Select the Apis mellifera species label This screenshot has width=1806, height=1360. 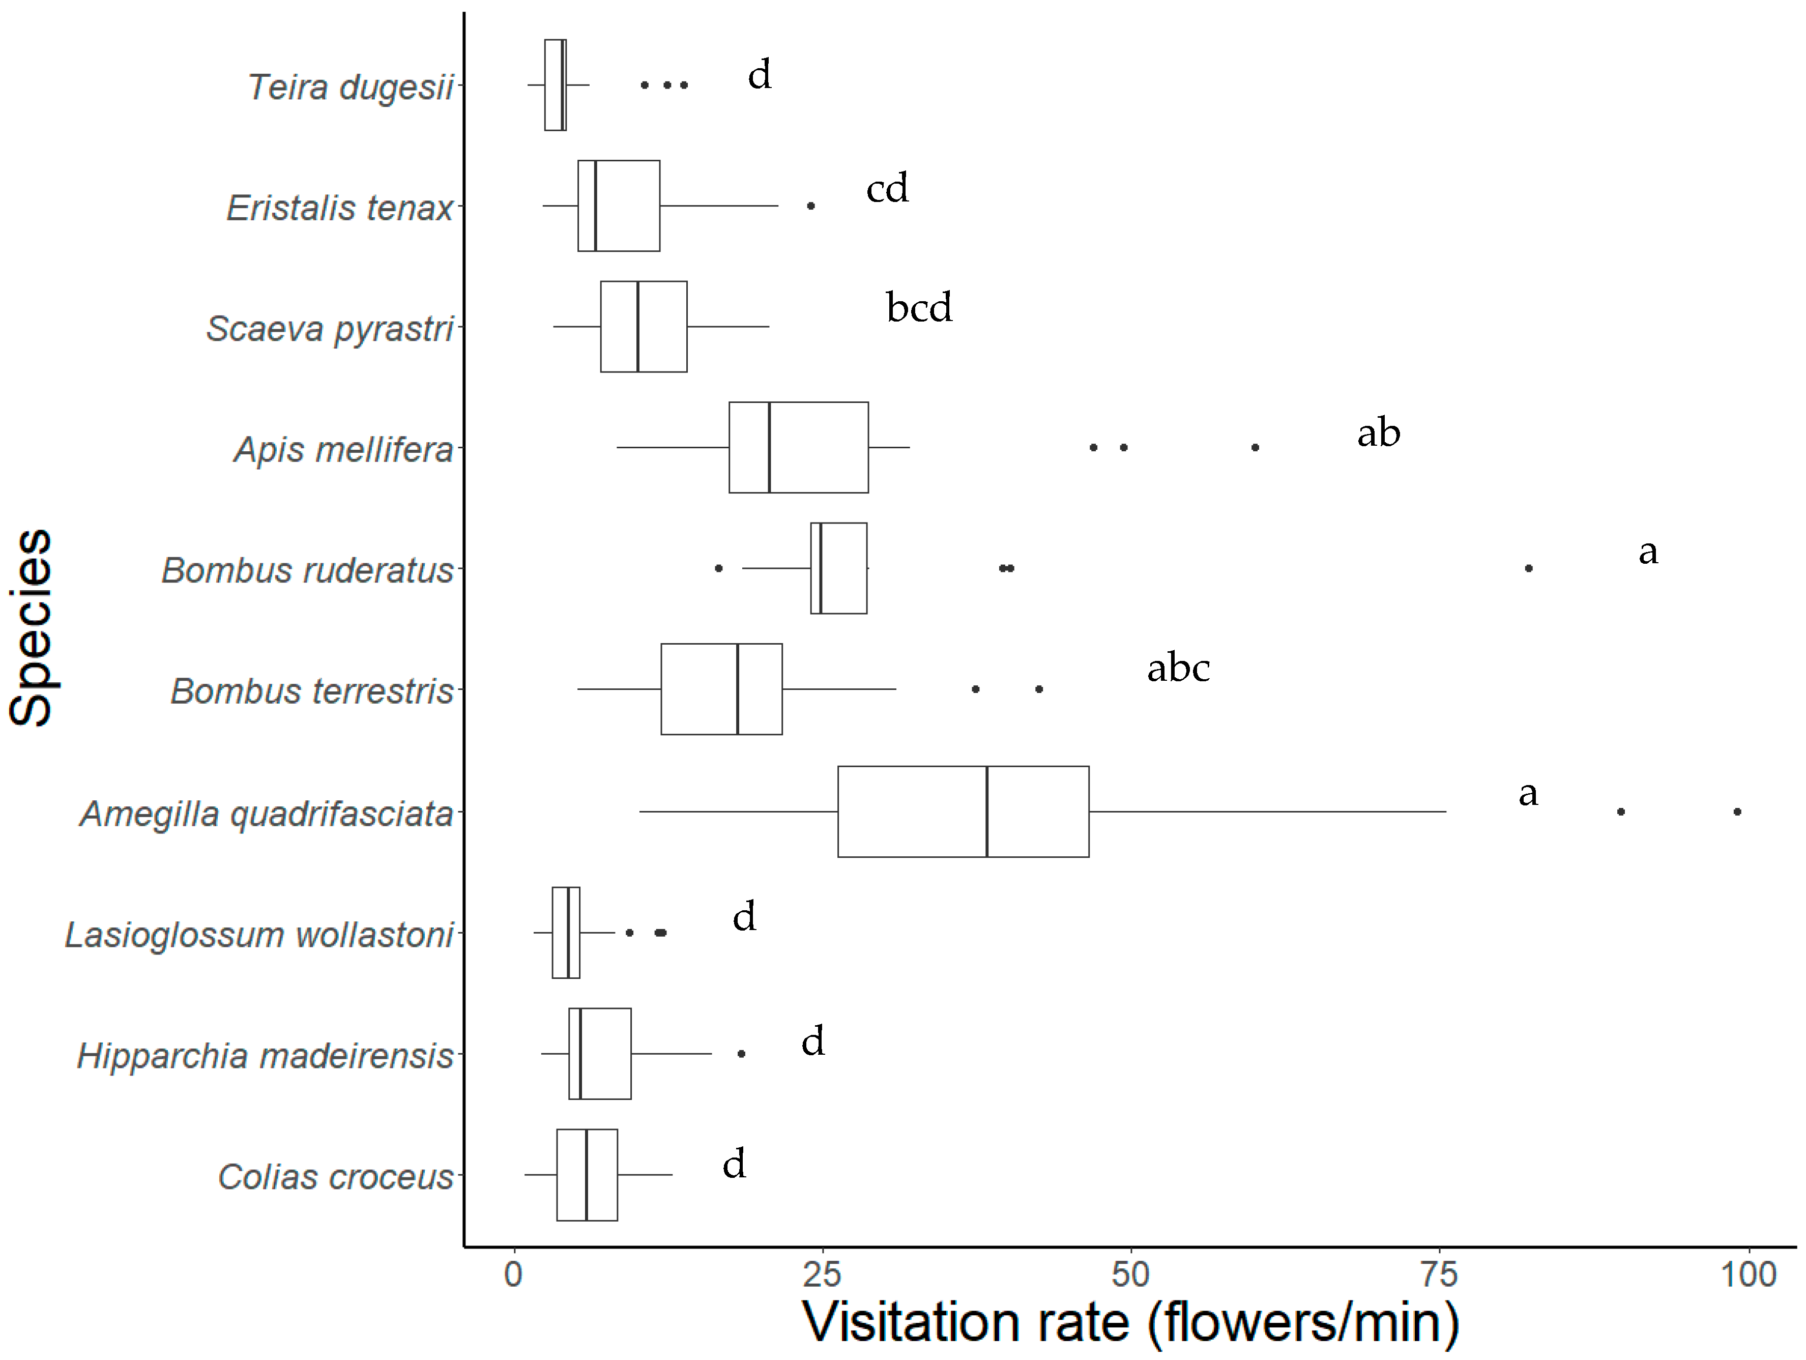(x=344, y=450)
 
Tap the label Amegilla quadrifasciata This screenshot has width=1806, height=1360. (x=266, y=814)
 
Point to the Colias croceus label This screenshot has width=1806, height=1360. (x=336, y=1177)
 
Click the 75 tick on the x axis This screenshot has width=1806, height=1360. (x=1439, y=1275)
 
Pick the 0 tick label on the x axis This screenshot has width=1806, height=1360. (x=513, y=1275)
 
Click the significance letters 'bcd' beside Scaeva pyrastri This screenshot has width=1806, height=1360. (x=919, y=308)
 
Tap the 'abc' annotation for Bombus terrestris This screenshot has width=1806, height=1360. (x=1178, y=669)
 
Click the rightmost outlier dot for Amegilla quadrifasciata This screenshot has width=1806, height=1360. (x=1737, y=812)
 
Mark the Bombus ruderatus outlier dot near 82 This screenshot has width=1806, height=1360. (x=1528, y=568)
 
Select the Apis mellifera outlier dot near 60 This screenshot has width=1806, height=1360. (x=1255, y=447)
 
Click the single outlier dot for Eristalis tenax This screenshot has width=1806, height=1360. (x=811, y=206)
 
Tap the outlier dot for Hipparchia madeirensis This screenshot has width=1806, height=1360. (x=741, y=1054)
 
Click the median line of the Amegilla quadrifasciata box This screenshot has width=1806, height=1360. (x=987, y=812)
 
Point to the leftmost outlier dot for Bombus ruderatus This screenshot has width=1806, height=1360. (x=718, y=568)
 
